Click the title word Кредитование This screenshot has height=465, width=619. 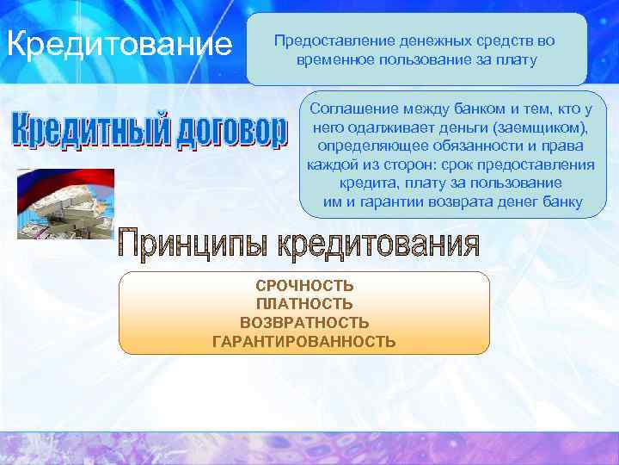[x=119, y=43]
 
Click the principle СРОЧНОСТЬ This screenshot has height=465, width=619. [x=304, y=286]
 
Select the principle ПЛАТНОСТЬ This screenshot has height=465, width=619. [x=304, y=304]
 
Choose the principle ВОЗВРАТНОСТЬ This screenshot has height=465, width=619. [x=304, y=323]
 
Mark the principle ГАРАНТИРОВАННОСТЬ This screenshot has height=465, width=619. [x=304, y=342]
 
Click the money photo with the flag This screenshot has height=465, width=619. [x=65, y=203]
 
